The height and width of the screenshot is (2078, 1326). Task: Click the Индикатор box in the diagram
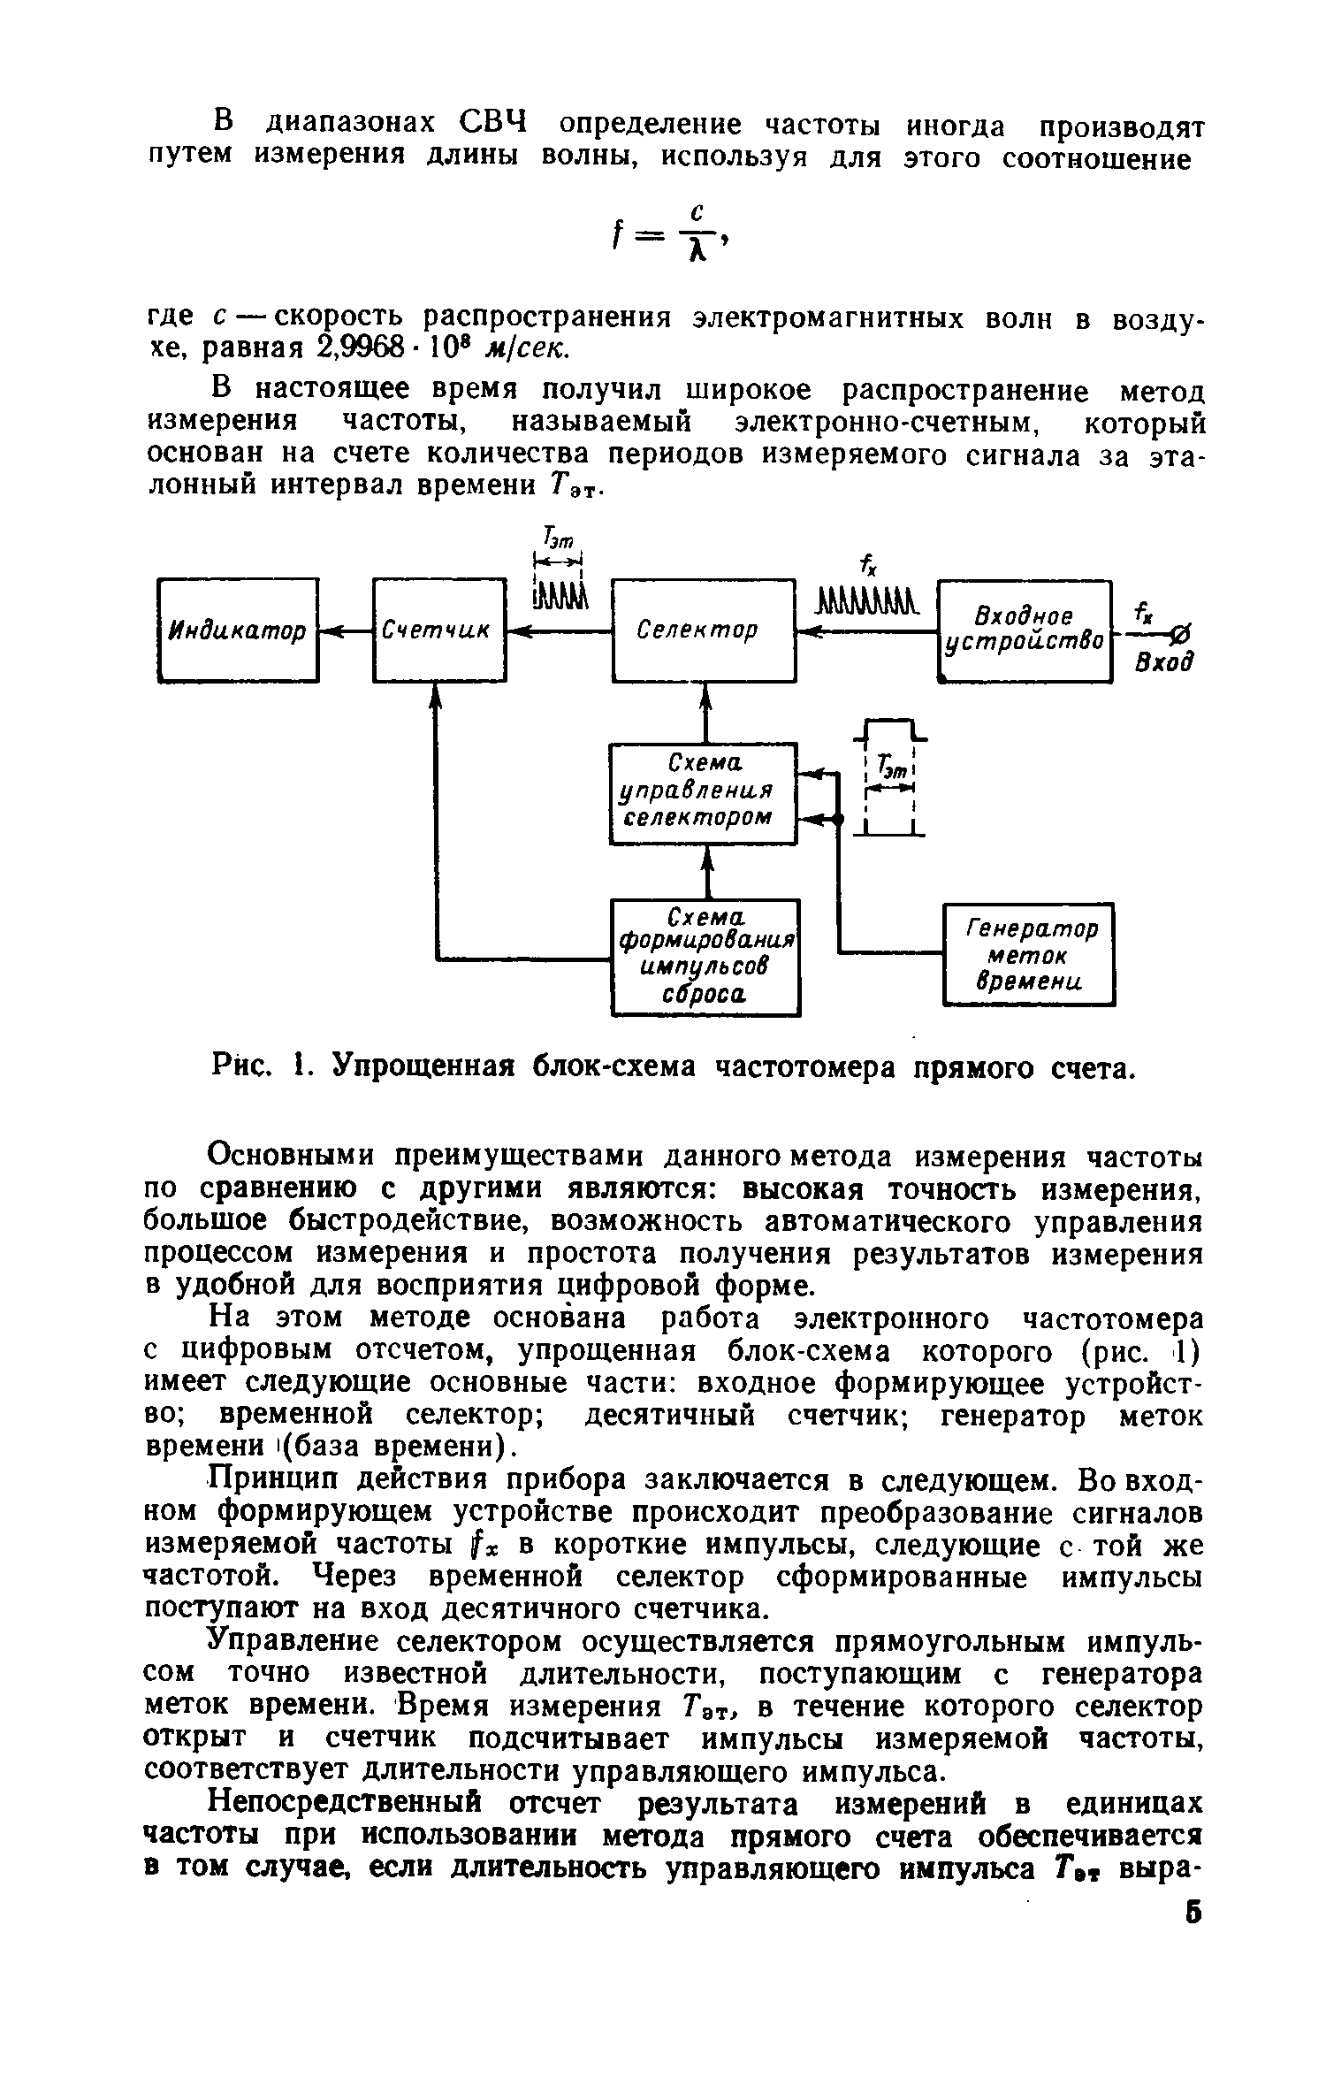[x=238, y=630]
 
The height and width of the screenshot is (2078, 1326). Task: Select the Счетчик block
[x=439, y=630]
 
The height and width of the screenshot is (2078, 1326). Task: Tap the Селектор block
[x=704, y=630]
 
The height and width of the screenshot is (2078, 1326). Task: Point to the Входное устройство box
[x=1024, y=630]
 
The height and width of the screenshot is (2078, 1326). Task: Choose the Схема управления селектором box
[x=704, y=793]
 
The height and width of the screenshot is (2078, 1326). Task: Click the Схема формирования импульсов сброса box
[x=705, y=958]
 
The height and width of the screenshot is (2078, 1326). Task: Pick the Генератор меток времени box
[x=1029, y=954]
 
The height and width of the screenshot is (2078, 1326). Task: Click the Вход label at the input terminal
[x=1165, y=663]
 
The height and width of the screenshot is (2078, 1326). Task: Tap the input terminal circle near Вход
[x=1184, y=633]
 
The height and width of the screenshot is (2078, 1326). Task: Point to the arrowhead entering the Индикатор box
[x=328, y=630]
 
